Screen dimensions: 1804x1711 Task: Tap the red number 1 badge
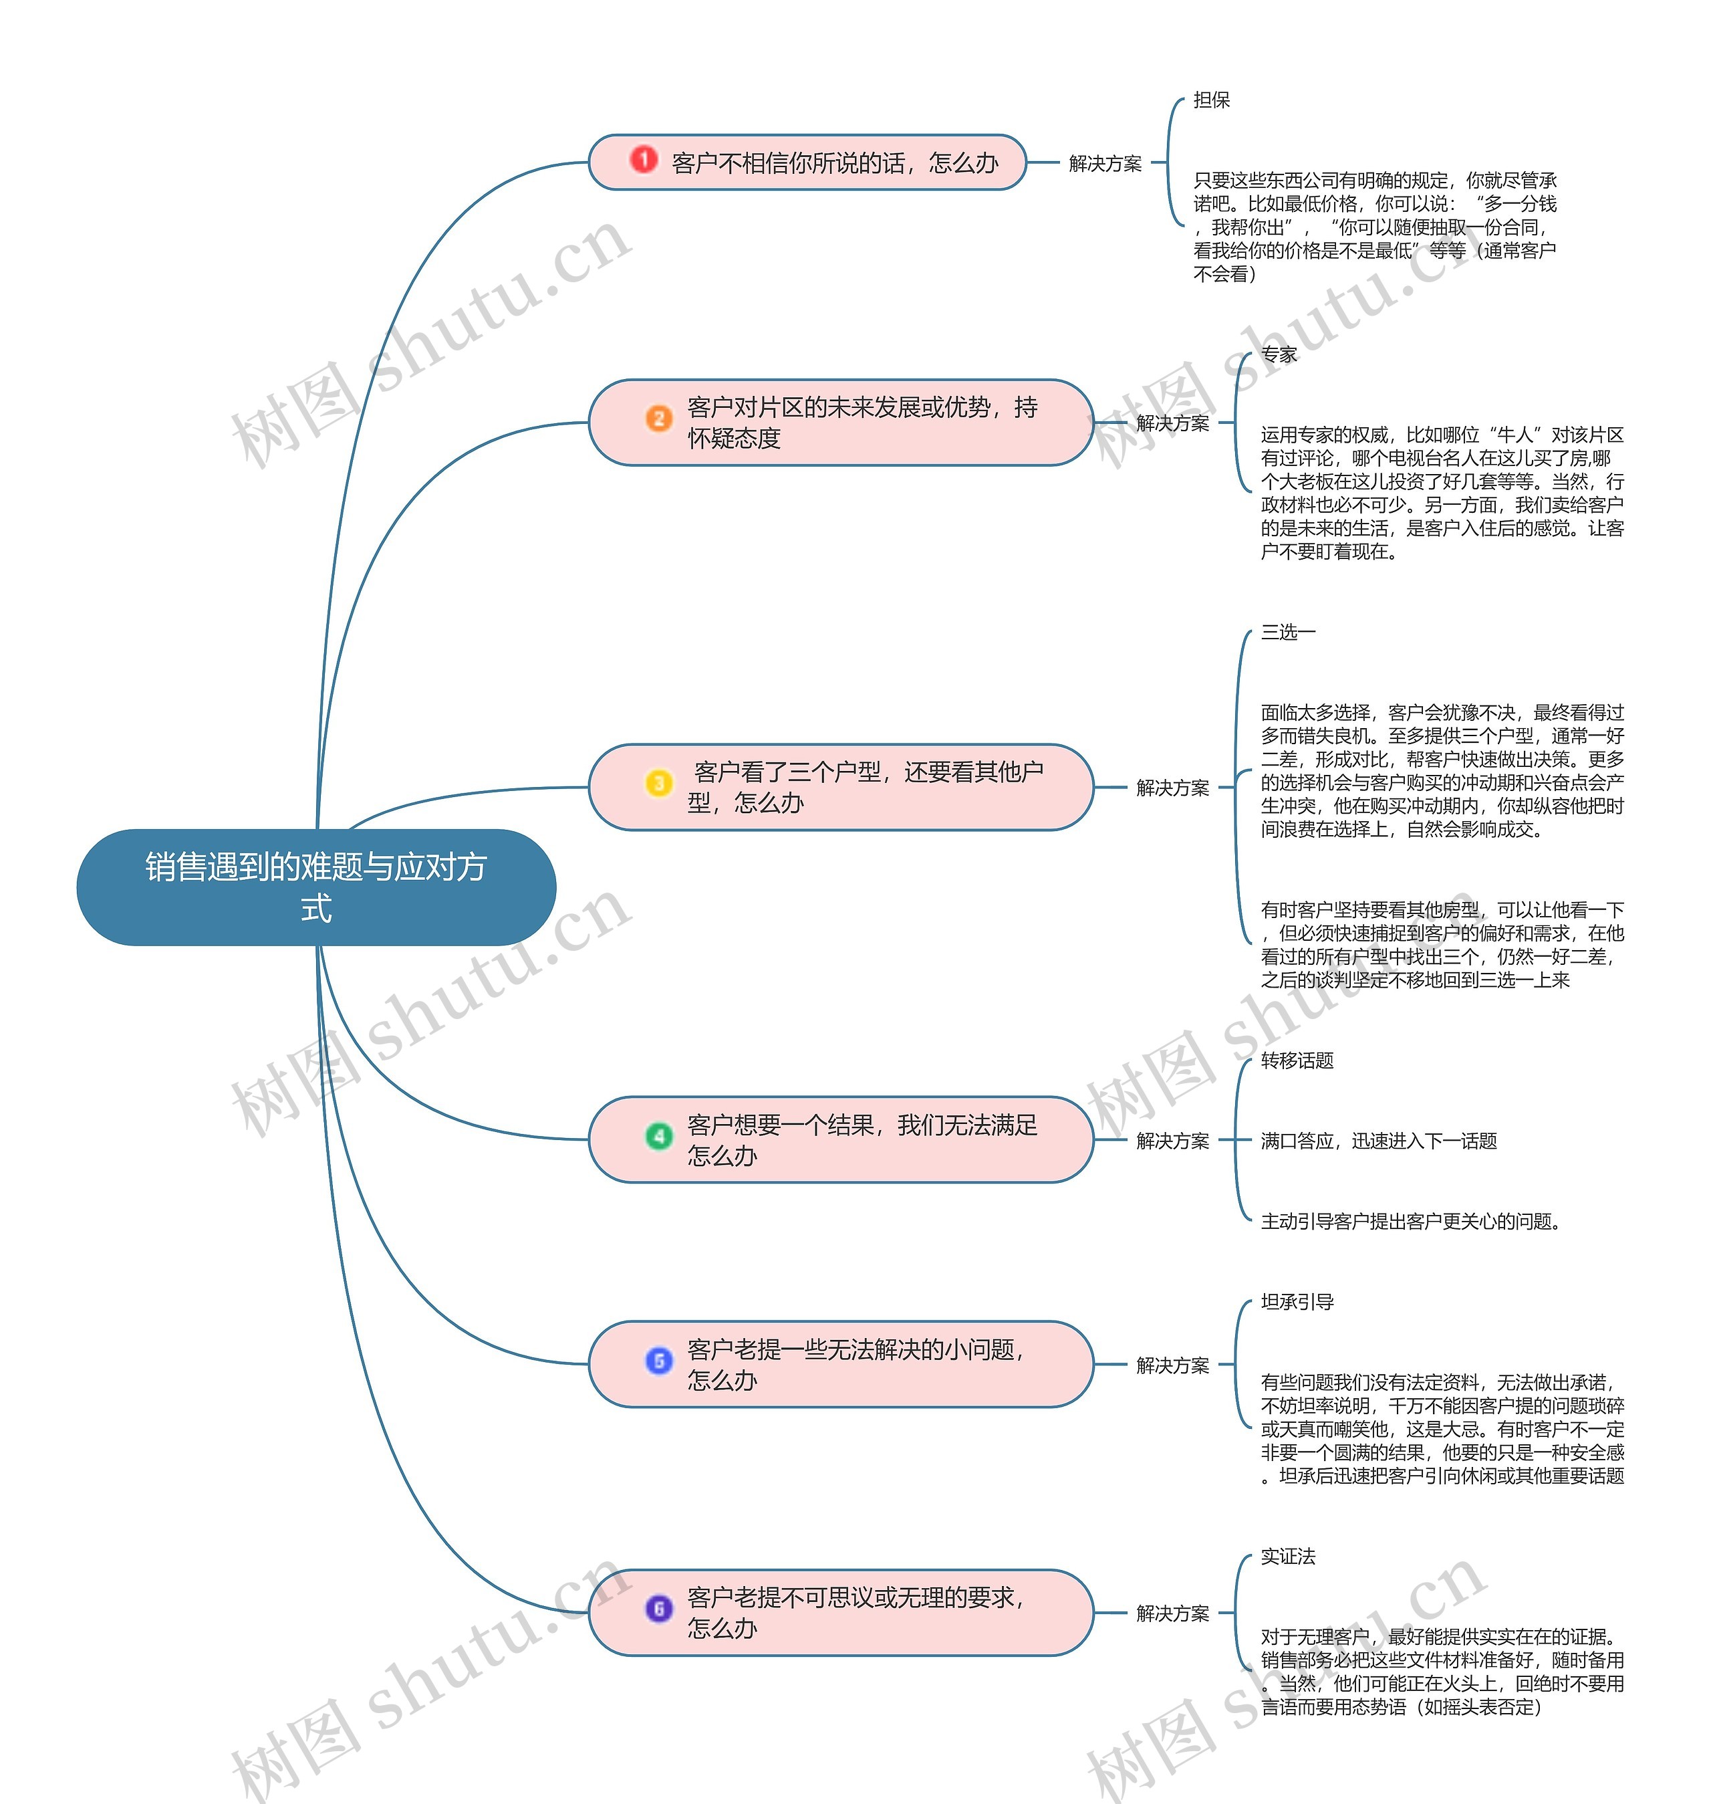pyautogui.click(x=644, y=160)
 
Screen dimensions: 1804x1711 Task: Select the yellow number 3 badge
pyautogui.click(x=658, y=783)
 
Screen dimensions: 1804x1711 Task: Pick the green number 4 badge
pyautogui.click(x=658, y=1136)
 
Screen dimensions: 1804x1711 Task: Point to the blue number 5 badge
pyautogui.click(x=658, y=1361)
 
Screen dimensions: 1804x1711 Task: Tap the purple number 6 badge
pyautogui.click(x=658, y=1609)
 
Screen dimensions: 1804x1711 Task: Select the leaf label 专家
pyautogui.click(x=1279, y=355)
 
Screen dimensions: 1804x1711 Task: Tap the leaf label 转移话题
pyautogui.click(x=1297, y=1060)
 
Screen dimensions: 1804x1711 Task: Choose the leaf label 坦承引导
pyautogui.click(x=1297, y=1302)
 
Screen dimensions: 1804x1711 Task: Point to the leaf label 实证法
pyautogui.click(x=1288, y=1557)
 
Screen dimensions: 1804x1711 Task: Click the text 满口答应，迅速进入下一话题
pyautogui.click(x=1378, y=1141)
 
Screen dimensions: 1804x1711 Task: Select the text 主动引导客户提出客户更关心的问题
pyautogui.click(x=1411, y=1222)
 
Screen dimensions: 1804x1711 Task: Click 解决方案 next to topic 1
pyautogui.click(x=1105, y=163)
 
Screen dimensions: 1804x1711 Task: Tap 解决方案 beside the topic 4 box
pyautogui.click(x=1172, y=1141)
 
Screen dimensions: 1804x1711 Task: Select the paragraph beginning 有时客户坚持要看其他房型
pyautogui.click(x=1441, y=944)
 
